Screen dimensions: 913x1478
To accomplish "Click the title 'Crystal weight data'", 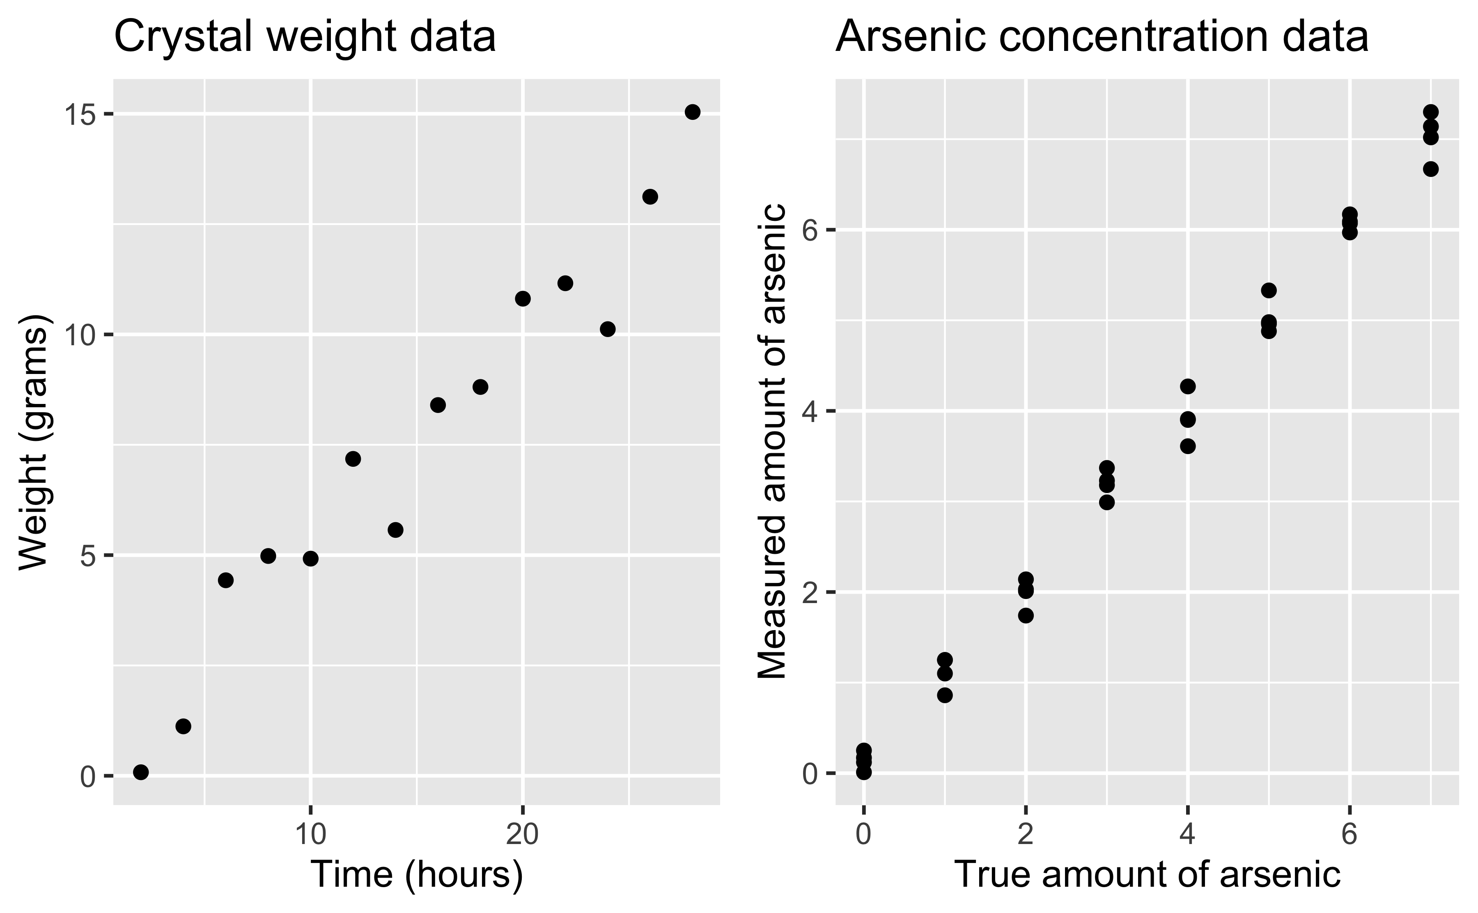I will pos(305,37).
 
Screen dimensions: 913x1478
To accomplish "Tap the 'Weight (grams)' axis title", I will pos(33,443).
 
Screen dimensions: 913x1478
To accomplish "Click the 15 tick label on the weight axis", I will pos(80,115).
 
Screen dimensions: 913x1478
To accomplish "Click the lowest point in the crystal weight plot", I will pos(141,772).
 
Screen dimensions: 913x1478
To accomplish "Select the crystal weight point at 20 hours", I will pos(523,298).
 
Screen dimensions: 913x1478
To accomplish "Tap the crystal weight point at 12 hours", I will pos(353,459).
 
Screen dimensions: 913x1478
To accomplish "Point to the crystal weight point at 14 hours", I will pos(395,530).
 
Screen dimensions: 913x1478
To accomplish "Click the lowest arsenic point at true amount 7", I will pos(1430,169).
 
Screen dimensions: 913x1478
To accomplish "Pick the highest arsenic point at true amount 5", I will pos(1269,291).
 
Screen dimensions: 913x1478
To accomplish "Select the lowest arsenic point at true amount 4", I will pos(1188,446).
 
